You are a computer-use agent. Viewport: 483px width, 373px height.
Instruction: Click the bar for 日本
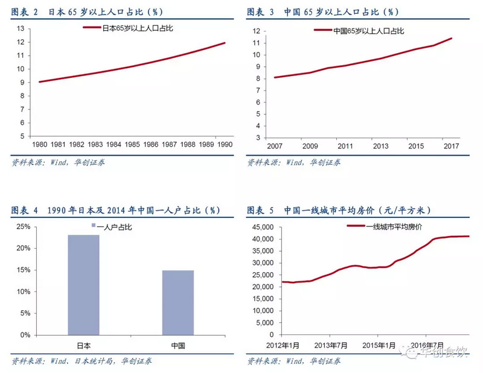point(83,284)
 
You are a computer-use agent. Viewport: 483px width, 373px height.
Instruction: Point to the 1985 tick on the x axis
point(132,144)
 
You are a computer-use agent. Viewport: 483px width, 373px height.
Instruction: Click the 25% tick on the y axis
point(22,227)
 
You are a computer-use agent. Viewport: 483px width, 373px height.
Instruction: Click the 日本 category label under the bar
point(83,346)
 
